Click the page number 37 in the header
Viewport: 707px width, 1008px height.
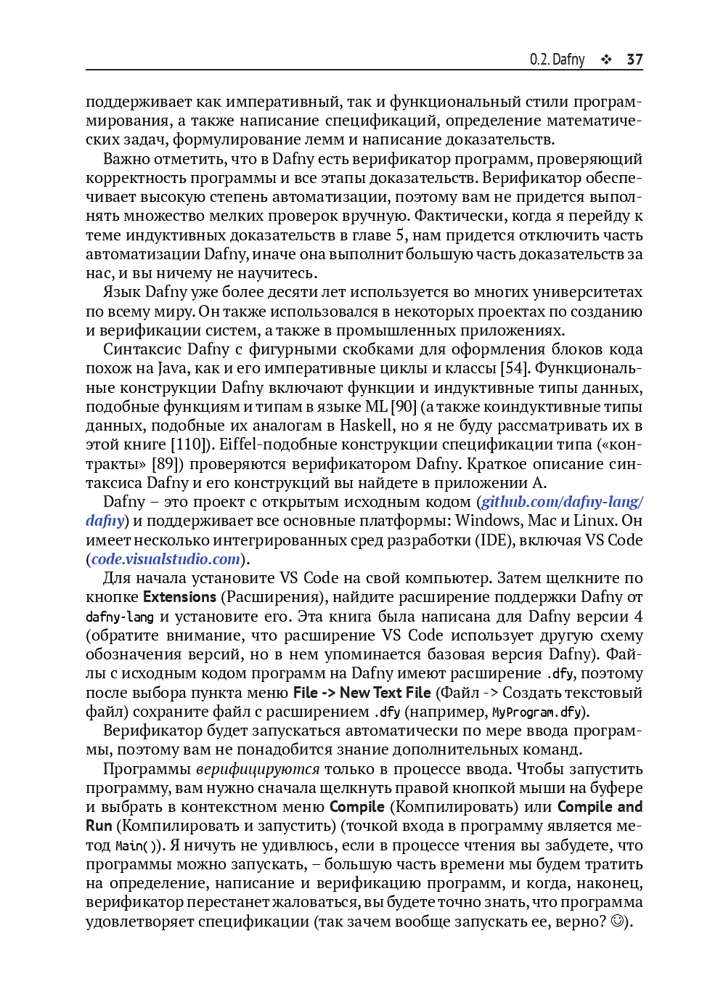(634, 60)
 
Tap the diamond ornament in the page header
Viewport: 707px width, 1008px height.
(606, 60)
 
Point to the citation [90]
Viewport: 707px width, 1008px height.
(404, 407)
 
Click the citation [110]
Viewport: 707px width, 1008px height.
(190, 444)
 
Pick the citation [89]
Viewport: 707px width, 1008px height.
(168, 463)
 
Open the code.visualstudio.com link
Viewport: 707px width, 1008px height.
(165, 559)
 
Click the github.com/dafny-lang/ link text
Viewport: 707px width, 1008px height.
(561, 502)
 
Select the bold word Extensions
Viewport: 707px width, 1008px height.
(179, 597)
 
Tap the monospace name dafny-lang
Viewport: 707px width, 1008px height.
(119, 617)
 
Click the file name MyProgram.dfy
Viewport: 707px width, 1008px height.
(536, 712)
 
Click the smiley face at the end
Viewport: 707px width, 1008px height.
(617, 922)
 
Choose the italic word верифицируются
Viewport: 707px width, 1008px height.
(258, 769)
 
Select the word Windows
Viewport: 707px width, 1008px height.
(489, 521)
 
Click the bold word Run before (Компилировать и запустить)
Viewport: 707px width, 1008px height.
(99, 826)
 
